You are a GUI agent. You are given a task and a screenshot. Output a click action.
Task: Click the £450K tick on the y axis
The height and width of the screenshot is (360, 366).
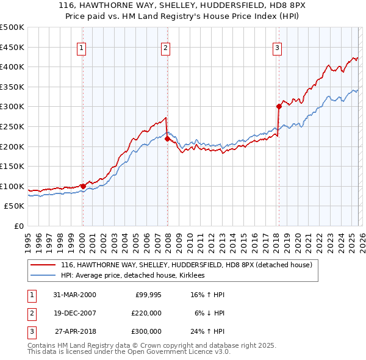(x=12, y=47)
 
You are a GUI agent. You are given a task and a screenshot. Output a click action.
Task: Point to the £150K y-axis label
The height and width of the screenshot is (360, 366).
(x=12, y=166)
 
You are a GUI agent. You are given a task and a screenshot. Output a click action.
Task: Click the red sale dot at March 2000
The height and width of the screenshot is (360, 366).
(x=83, y=186)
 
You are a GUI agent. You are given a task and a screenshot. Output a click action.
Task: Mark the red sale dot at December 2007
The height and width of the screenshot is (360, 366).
(x=167, y=139)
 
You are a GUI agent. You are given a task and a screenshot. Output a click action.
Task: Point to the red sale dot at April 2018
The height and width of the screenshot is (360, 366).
(x=279, y=106)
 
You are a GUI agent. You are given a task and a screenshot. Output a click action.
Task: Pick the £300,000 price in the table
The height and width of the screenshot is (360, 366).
(x=146, y=331)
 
